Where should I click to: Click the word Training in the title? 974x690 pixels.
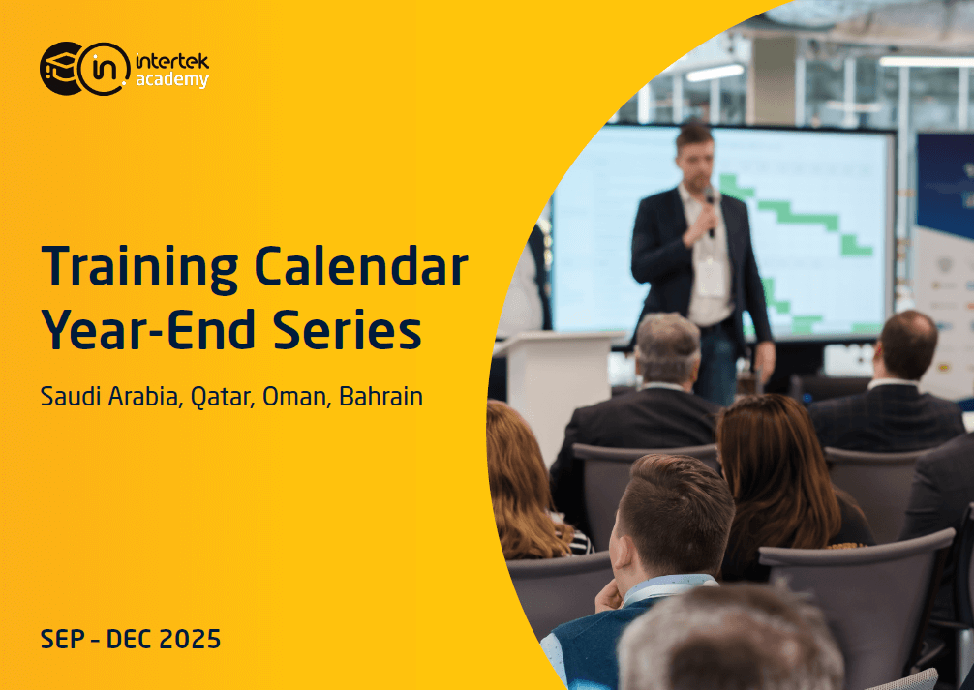click(139, 268)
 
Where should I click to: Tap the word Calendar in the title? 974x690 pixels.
click(360, 268)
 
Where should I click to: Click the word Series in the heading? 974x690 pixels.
click(356, 331)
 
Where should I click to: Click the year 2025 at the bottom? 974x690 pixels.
click(187, 640)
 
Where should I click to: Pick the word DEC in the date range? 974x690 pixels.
click(127, 640)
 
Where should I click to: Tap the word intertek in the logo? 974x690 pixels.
click(171, 62)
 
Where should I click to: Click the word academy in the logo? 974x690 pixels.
click(171, 80)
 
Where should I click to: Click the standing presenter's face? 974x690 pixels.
click(695, 153)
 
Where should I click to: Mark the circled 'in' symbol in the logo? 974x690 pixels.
click(104, 69)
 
